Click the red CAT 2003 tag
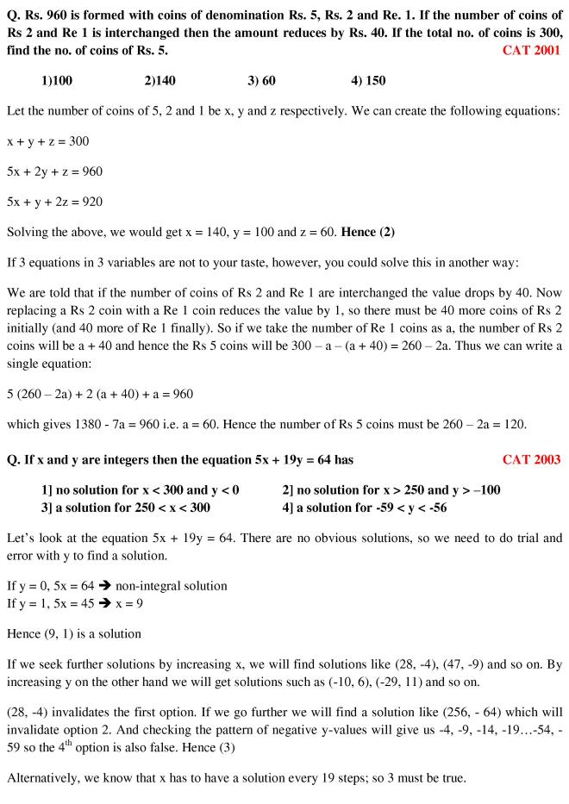pyautogui.click(x=531, y=459)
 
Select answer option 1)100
pyautogui.click(x=57, y=81)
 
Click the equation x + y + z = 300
pyautogui.click(x=47, y=141)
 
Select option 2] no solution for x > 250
pyautogui.click(x=391, y=489)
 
